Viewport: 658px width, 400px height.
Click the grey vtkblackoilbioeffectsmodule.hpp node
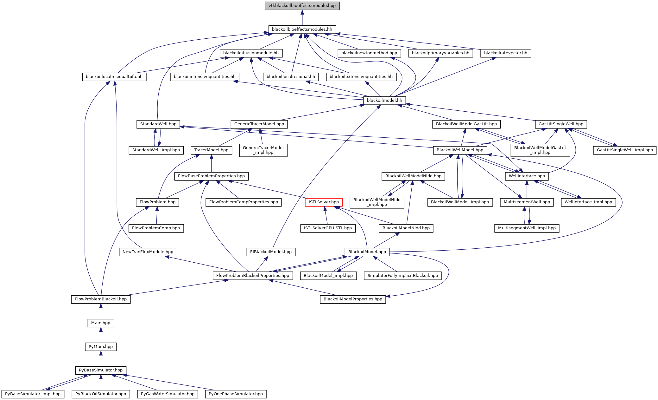[x=302, y=6]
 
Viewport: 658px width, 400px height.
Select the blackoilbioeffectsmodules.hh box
[x=302, y=30]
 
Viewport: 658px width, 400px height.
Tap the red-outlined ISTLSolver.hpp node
[x=324, y=202]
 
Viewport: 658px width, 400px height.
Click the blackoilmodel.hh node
[x=384, y=101]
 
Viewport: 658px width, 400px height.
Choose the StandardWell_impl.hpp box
[x=156, y=150]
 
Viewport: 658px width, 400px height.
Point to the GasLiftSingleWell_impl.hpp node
[x=624, y=150]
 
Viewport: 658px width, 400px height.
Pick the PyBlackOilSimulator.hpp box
[x=101, y=394]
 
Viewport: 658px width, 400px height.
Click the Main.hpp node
[x=101, y=323]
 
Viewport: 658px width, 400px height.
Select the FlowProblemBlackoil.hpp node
[x=101, y=299]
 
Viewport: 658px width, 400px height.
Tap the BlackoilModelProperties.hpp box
[x=353, y=299]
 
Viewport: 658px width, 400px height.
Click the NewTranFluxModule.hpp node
[x=148, y=252]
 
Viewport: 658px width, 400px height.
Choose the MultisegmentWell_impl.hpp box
[x=527, y=228]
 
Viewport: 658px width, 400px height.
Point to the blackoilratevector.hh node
[x=505, y=53]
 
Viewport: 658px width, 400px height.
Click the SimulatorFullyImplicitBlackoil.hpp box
[x=402, y=276]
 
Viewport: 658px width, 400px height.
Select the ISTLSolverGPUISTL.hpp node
[x=328, y=228]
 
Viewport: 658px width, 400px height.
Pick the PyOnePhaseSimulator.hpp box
[x=236, y=394]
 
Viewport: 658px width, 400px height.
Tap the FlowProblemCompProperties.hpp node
[x=244, y=202]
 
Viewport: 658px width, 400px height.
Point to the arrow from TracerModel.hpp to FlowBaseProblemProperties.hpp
[x=212, y=163]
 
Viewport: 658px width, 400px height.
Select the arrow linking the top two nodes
[x=302, y=18]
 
